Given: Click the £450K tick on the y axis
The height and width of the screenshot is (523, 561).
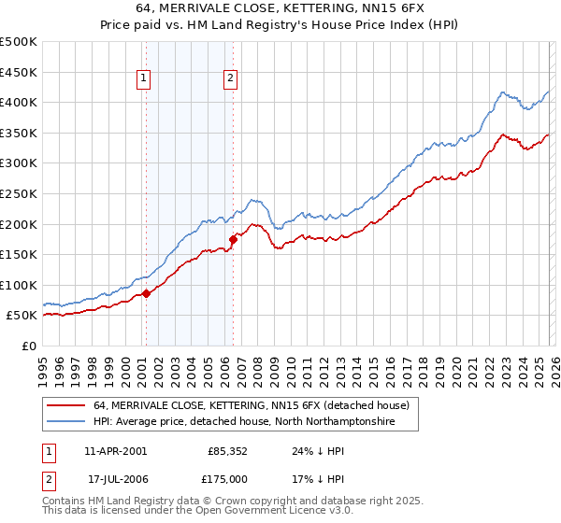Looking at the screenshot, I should pyautogui.click(x=18, y=72).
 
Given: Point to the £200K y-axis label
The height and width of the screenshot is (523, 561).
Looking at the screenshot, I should pyautogui.click(x=18, y=224).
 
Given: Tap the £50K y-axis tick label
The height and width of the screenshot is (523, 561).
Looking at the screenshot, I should pyautogui.click(x=22, y=316).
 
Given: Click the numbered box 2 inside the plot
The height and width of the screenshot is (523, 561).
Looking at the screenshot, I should pyautogui.click(x=229, y=79).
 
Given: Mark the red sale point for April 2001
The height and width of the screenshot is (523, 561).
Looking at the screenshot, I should pyautogui.click(x=147, y=294).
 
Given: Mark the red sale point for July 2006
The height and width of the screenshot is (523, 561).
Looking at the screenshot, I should pyautogui.click(x=233, y=239).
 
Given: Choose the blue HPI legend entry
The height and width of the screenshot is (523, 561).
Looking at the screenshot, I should pyautogui.click(x=244, y=422).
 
